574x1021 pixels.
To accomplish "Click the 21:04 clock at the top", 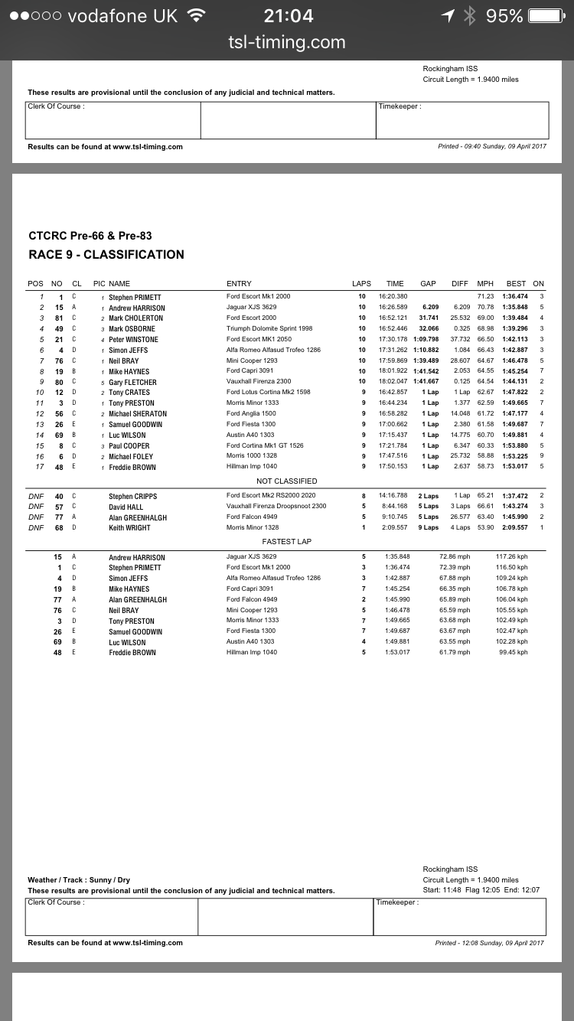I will pos(288,15).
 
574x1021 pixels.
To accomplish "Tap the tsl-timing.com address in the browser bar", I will pos(287,43).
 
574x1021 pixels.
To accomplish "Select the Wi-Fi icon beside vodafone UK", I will pos(197,15).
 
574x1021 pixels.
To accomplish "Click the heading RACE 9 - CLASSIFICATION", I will pos(106,255).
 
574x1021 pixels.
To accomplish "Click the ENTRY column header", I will pos(239,283).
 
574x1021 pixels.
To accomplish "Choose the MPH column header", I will pos(485,283).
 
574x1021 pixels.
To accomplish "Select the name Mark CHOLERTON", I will pos(135,318).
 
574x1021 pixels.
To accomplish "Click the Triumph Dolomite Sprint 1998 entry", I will pos(269,328).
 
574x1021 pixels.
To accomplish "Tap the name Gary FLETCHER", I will pos(132,382).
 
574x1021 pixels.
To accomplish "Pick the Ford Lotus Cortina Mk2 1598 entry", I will pos(269,393).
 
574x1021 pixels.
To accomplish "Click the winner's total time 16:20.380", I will pos(393,296).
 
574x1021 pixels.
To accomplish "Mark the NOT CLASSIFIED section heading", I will pos(287,481).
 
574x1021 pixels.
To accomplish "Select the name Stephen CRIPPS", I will pos(132,496).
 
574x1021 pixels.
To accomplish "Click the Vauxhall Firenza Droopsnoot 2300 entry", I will pos(276,507).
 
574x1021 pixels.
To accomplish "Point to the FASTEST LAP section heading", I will pos(287,542).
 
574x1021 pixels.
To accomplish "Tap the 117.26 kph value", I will pos(512,557).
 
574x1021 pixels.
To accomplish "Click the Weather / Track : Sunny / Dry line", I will pos(79,880).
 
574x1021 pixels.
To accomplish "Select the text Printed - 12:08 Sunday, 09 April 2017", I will pos(490,943).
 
